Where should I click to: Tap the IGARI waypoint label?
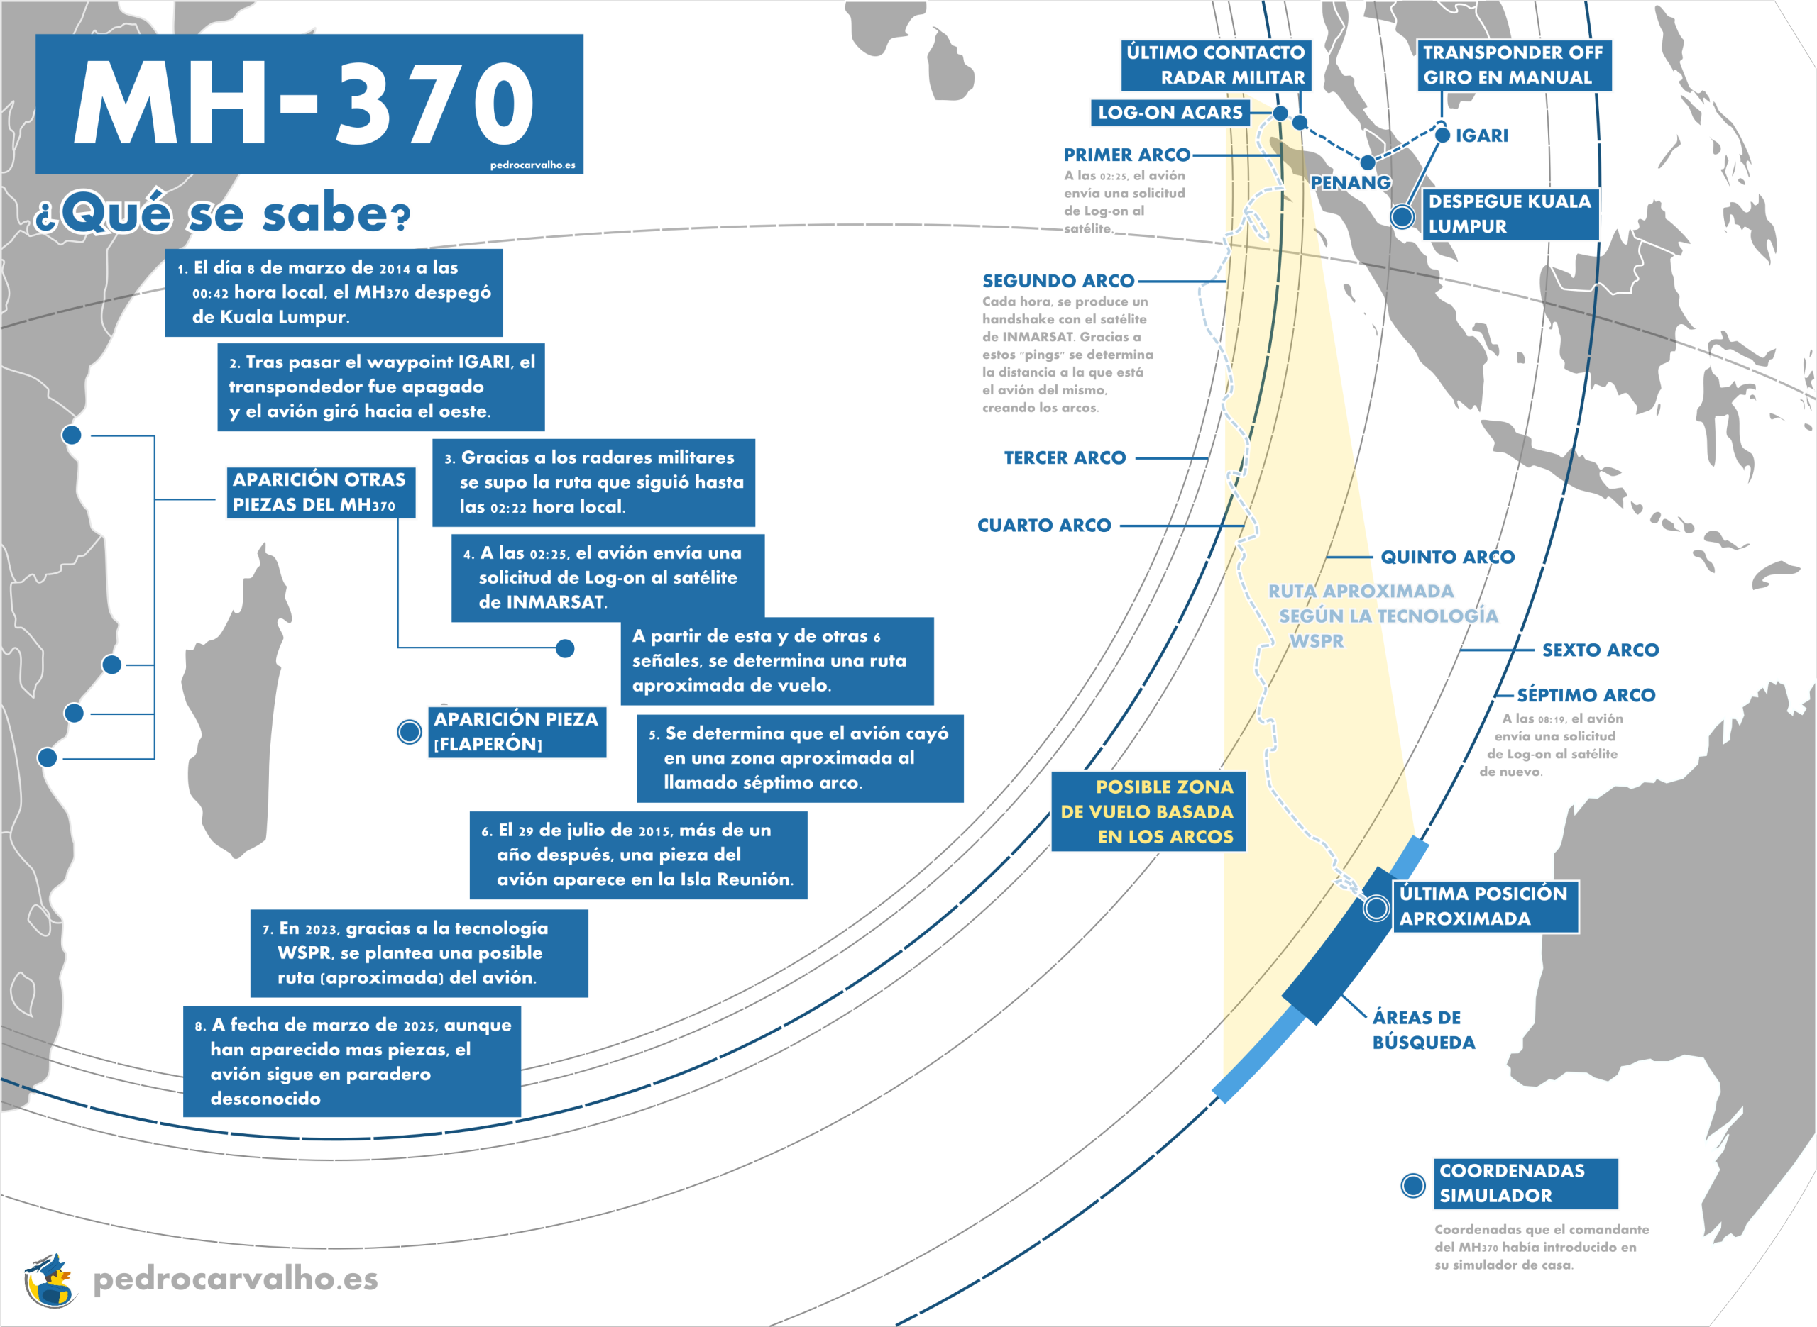click(x=1481, y=135)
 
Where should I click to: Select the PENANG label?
click(x=1350, y=183)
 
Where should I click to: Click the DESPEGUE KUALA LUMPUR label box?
click(x=1510, y=213)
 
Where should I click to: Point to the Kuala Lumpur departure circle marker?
click(x=1402, y=216)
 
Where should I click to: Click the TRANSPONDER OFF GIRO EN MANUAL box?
click(x=1513, y=65)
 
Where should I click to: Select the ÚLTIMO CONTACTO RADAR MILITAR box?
click(x=1215, y=65)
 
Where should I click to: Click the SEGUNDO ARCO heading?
click(x=1058, y=281)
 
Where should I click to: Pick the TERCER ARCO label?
click(x=1065, y=458)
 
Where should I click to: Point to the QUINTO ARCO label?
click(x=1447, y=557)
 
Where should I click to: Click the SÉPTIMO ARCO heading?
click(x=1586, y=695)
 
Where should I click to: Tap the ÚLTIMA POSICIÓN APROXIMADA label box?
click(x=1484, y=906)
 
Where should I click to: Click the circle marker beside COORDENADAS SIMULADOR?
click(x=1412, y=1185)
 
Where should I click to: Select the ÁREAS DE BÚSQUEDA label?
click(x=1423, y=1030)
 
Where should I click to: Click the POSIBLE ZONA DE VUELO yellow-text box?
click(x=1148, y=811)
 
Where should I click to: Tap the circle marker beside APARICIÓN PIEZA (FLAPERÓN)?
click(x=410, y=732)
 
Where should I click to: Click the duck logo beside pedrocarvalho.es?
click(x=50, y=1279)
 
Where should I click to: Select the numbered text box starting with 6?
click(x=638, y=855)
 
